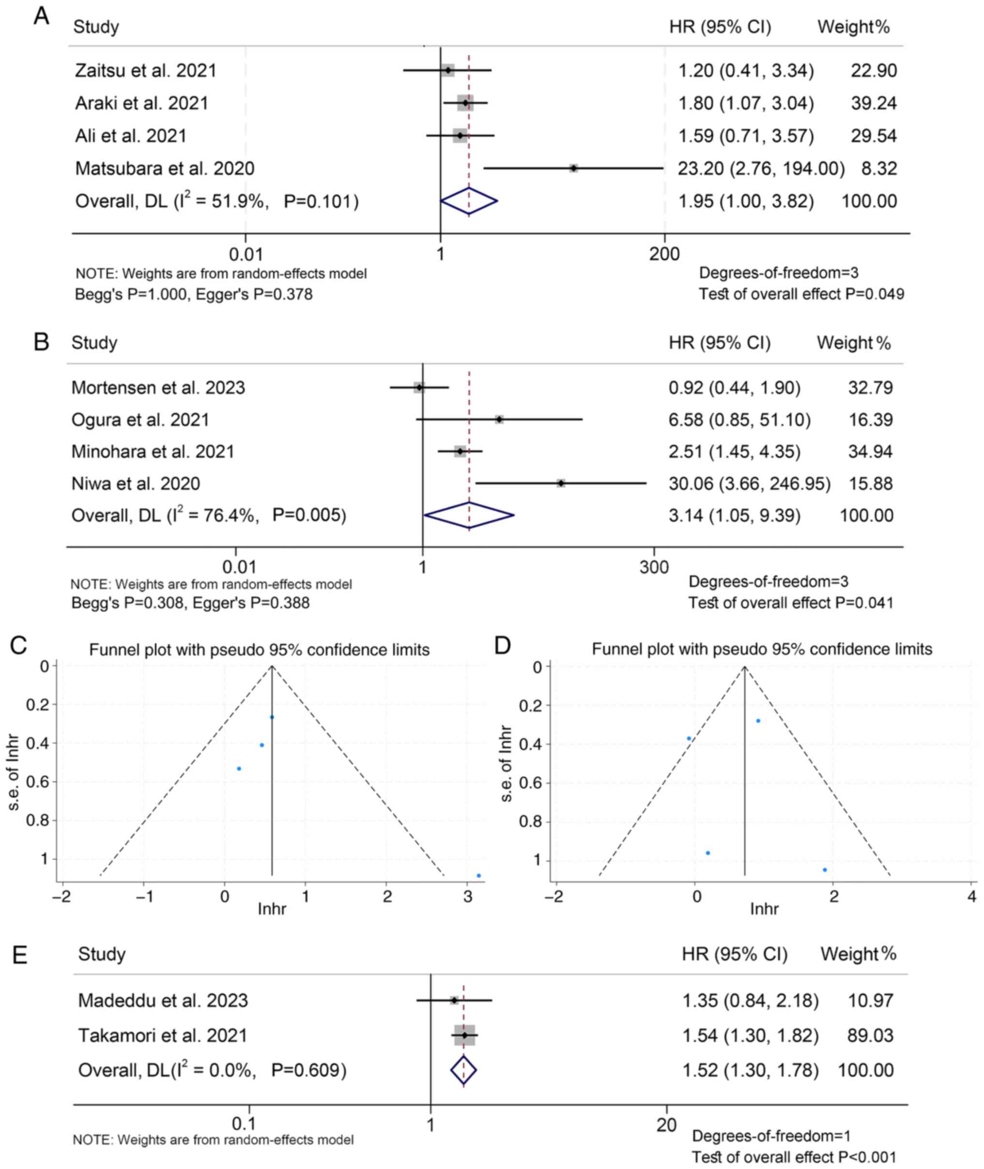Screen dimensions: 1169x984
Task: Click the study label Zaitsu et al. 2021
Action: (146, 71)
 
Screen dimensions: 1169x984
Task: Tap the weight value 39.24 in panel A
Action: (874, 103)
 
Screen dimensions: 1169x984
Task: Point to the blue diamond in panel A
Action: (469, 202)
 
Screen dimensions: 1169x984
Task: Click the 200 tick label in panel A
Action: (664, 254)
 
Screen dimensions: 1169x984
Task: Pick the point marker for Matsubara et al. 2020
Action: (573, 168)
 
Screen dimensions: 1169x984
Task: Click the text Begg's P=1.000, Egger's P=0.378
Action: (194, 294)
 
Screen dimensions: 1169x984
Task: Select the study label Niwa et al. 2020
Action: (136, 483)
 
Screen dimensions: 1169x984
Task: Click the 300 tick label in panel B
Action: (654, 567)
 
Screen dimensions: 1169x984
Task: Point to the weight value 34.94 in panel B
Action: (870, 451)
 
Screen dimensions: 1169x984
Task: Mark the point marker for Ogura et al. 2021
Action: (499, 419)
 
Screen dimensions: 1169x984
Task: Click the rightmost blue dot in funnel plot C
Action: (478, 875)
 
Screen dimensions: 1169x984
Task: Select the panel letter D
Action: (503, 646)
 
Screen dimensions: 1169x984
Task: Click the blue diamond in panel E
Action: (463, 1070)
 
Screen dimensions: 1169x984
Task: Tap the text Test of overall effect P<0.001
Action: (794, 1157)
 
